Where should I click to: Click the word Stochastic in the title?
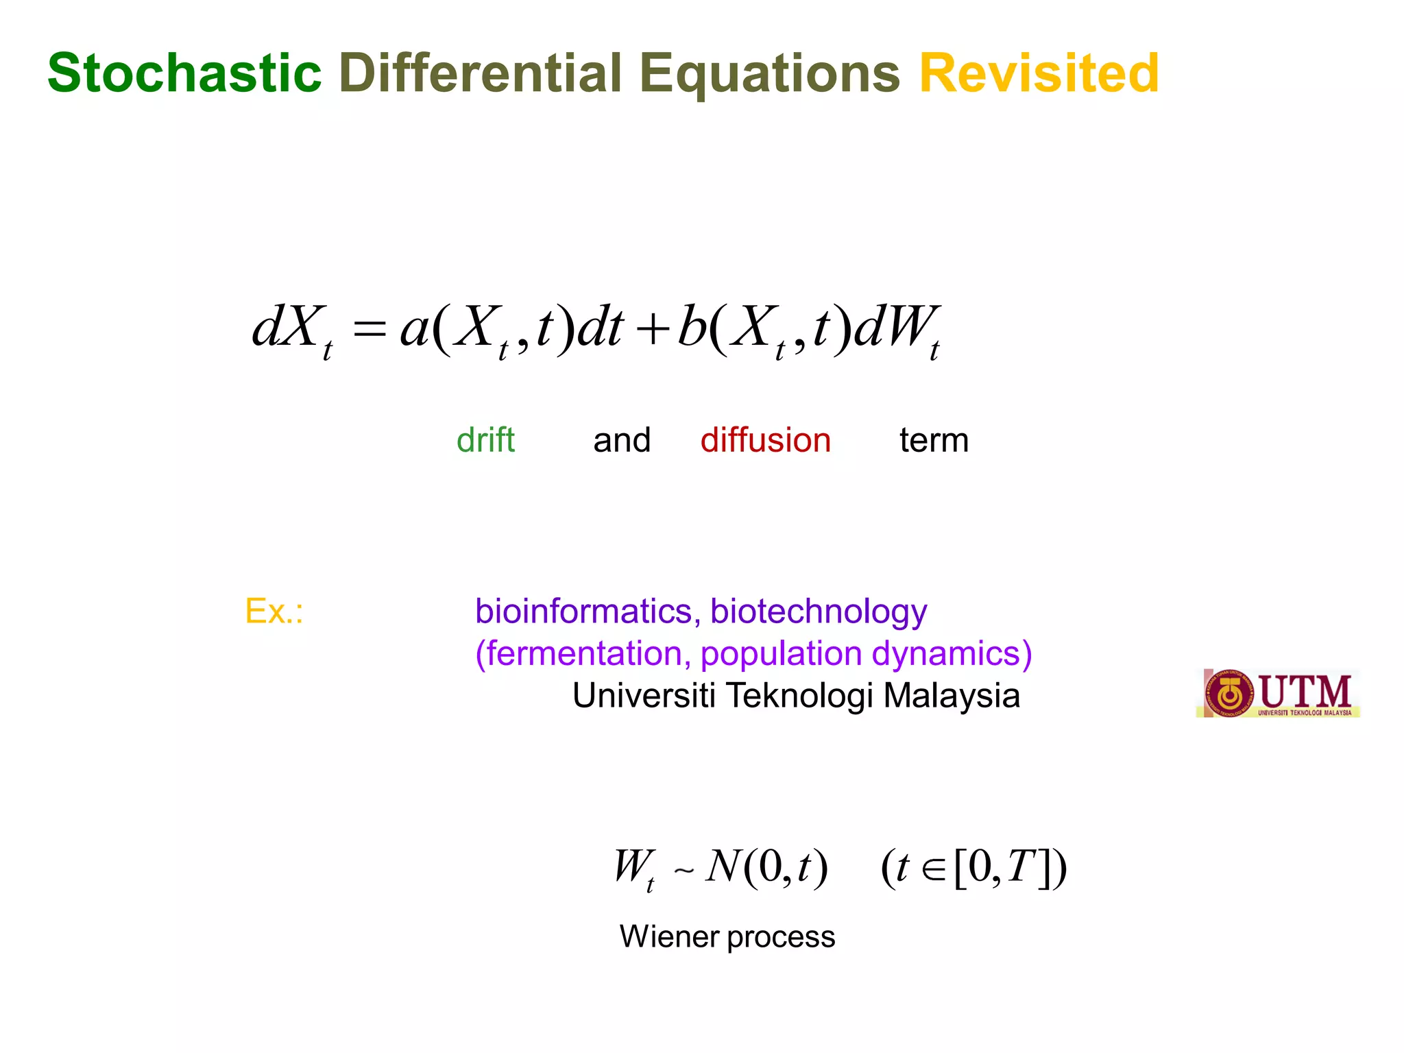click(x=184, y=73)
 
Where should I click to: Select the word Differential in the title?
click(x=480, y=73)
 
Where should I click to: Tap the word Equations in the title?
click(x=769, y=74)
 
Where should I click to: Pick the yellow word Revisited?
click(x=1039, y=73)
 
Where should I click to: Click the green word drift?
click(x=485, y=440)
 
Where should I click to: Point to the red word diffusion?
click(x=765, y=440)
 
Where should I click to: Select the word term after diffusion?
click(x=934, y=440)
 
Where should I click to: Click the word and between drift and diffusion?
click(x=622, y=440)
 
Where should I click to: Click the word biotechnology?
click(x=819, y=612)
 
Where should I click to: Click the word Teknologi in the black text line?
click(x=799, y=696)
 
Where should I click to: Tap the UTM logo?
click(x=1278, y=693)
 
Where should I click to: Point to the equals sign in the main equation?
click(x=370, y=330)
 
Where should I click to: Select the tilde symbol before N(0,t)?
click(x=683, y=871)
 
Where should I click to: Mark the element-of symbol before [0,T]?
click(x=932, y=869)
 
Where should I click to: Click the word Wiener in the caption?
click(x=669, y=936)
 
